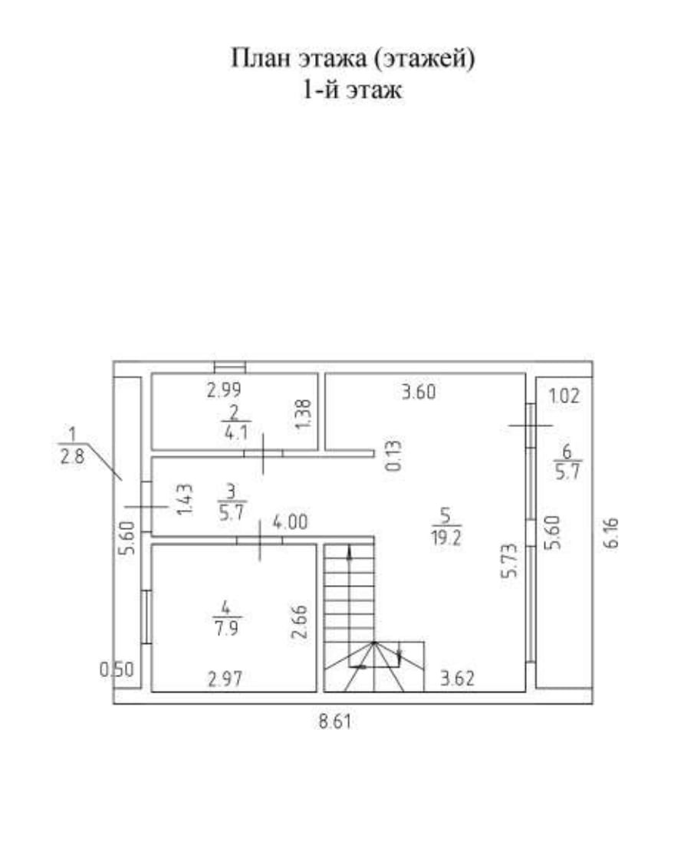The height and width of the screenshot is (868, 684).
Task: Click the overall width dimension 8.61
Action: pyautogui.click(x=339, y=722)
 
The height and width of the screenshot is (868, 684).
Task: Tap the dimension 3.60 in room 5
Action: pyautogui.click(x=419, y=394)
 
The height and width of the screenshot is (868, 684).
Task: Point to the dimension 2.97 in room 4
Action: pyautogui.click(x=225, y=678)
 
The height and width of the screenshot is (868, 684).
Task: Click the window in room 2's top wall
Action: pyautogui.click(x=229, y=367)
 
